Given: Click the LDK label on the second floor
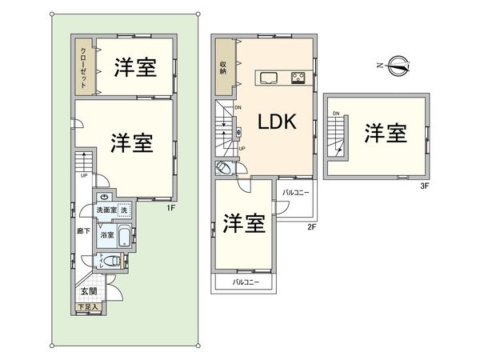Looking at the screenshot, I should (x=277, y=122).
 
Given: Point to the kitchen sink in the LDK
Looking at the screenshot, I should (x=266, y=78).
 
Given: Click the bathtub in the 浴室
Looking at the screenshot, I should (x=124, y=237).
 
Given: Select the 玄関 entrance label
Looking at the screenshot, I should (x=88, y=293).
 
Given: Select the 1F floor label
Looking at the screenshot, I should (x=170, y=210).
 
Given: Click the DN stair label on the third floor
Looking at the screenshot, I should (x=335, y=114).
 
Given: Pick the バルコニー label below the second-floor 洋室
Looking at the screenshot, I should (x=246, y=283).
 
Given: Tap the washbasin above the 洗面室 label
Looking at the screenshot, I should (x=105, y=197).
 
